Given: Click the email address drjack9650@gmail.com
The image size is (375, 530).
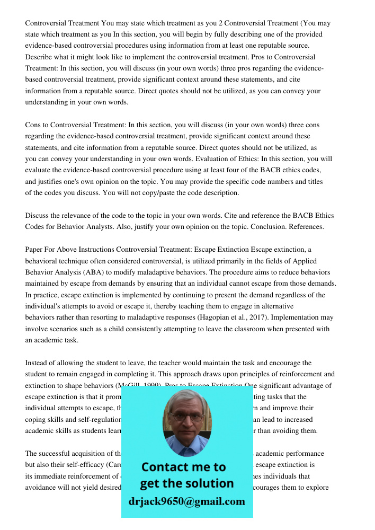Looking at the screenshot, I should click(186, 501).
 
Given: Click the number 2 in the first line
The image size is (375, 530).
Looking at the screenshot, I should click(220, 23).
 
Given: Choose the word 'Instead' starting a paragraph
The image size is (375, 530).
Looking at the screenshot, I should click(37, 363).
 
